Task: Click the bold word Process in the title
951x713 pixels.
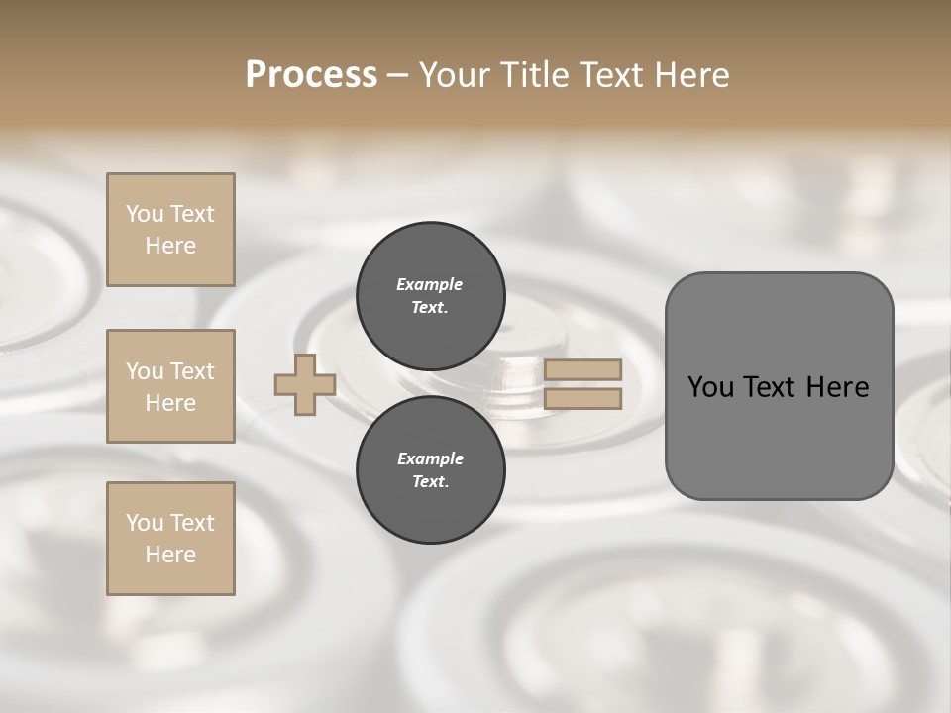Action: [311, 75]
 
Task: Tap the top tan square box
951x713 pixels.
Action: [170, 230]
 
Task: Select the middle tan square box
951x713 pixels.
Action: [170, 386]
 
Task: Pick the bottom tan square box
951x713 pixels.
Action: [170, 539]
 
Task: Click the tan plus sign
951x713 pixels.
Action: [305, 384]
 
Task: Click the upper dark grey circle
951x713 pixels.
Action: [430, 296]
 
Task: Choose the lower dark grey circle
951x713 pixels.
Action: [430, 470]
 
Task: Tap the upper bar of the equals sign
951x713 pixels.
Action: [582, 369]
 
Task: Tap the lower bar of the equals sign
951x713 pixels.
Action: [582, 399]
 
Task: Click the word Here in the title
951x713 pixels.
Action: [690, 75]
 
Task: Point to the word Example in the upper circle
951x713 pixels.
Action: [429, 284]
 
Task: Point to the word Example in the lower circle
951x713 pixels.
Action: [430, 458]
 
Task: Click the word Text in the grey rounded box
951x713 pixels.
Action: [769, 387]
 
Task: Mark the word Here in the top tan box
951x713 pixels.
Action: [170, 246]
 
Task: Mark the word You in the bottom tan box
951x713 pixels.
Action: [145, 523]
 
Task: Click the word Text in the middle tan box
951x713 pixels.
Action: [191, 371]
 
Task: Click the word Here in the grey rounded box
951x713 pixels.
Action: [838, 387]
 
